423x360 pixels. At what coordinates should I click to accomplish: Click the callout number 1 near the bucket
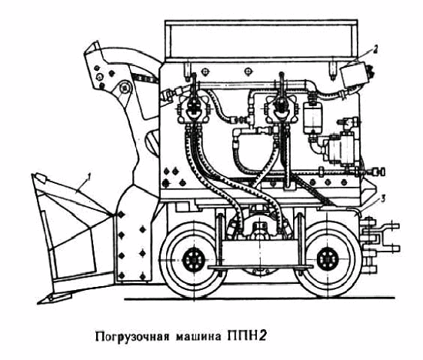coord(88,177)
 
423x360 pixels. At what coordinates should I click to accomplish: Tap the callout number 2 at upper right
coord(375,49)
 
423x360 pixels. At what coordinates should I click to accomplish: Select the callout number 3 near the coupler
coord(382,199)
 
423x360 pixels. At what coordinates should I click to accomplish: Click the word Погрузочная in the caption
coord(132,337)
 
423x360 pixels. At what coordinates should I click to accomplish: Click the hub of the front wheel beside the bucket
coord(193,259)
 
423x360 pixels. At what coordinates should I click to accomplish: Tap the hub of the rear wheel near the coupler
coord(328,259)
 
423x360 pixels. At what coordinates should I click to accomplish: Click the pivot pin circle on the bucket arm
coord(124,88)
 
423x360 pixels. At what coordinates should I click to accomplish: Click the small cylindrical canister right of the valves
coord(312,118)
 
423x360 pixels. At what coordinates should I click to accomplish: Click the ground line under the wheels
coord(259,298)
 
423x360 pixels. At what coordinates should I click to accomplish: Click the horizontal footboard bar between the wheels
coord(261,267)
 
